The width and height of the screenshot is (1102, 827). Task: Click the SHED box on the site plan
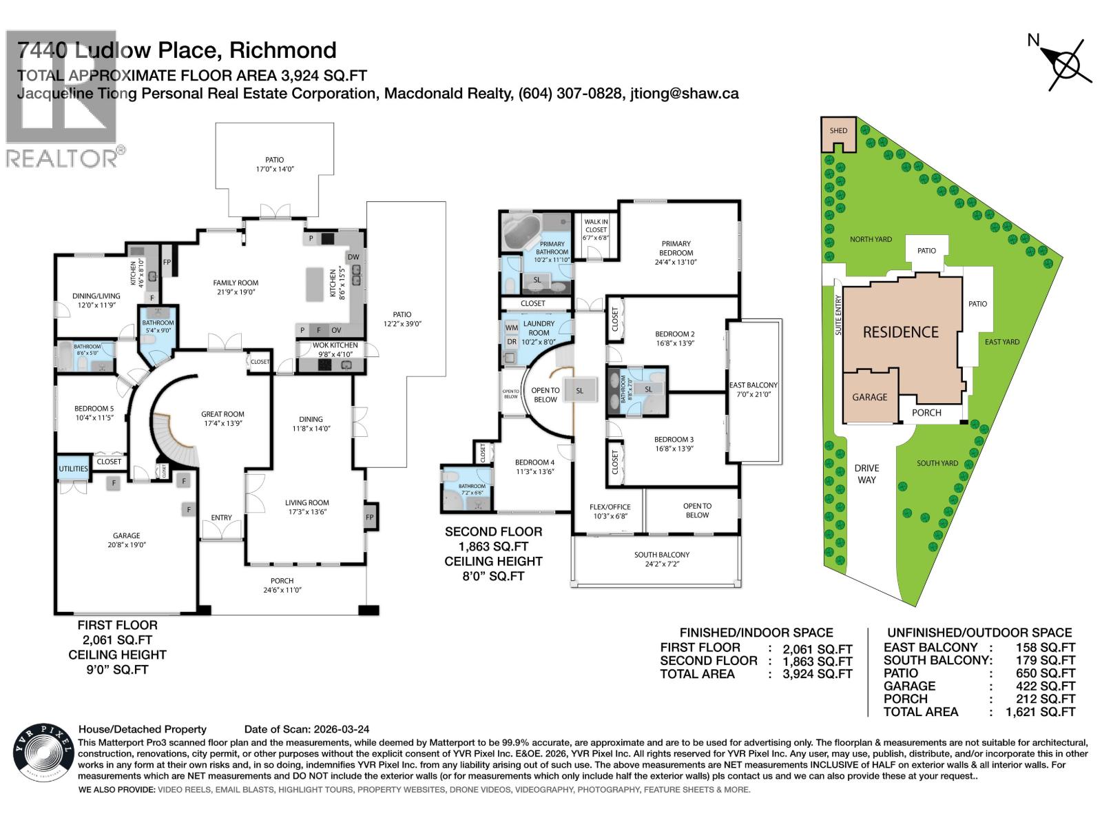coord(838,134)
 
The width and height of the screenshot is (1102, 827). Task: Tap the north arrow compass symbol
coord(1066,66)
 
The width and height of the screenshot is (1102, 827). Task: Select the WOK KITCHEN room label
coord(335,345)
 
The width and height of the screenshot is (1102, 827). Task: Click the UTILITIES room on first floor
coord(73,469)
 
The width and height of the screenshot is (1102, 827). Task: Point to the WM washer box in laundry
coord(512,327)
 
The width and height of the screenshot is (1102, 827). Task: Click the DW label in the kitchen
coord(353,258)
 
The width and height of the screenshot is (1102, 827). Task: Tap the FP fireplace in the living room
coord(370,517)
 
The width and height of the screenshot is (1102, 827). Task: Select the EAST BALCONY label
coord(753,389)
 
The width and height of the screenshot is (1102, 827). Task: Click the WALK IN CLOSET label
coord(596,225)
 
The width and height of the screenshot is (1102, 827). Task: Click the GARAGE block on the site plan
coord(870,396)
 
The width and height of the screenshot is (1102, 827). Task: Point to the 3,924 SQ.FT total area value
coord(817,674)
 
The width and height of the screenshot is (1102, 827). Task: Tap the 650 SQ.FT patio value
coord(1046,673)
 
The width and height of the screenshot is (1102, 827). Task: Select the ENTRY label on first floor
coord(221,518)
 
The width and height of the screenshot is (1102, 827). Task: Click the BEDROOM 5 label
coord(94,409)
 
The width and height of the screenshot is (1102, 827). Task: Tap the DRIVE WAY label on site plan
coord(866,473)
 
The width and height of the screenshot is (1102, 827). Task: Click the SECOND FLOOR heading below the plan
coord(493,531)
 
